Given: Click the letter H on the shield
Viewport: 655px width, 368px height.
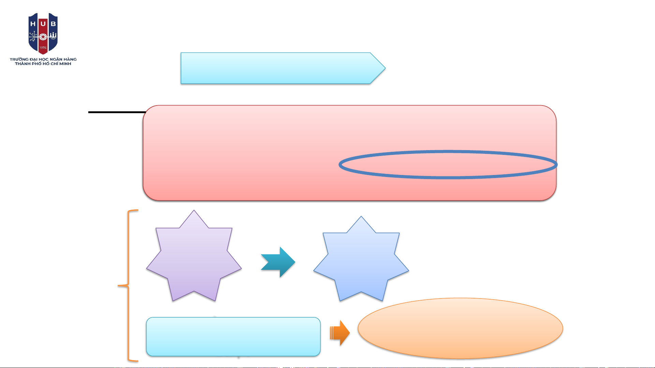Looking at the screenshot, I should coord(33,24).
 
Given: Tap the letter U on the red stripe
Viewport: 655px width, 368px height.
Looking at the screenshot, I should coord(43,24).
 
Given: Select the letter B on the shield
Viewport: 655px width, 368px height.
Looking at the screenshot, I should coord(53,24).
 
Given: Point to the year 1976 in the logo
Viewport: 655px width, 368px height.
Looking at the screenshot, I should coord(43,48).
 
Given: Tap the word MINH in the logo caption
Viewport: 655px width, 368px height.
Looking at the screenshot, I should coord(65,64).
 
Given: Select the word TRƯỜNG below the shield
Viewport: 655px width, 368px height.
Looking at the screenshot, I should coord(19,59).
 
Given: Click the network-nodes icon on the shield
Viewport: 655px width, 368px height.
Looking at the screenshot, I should coord(33,36).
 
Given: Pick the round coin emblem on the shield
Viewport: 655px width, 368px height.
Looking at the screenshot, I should coord(43,36).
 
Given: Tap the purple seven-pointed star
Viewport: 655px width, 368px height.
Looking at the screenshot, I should coord(194,259).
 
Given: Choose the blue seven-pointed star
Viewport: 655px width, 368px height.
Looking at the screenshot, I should coord(361,262).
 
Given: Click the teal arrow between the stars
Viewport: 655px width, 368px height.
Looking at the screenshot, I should coord(279,262).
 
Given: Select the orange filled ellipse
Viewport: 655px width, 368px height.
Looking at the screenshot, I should coord(460,328).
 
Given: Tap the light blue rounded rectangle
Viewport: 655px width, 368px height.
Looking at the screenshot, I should coord(233,337).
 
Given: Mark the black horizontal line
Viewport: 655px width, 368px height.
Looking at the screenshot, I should coord(116,112).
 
